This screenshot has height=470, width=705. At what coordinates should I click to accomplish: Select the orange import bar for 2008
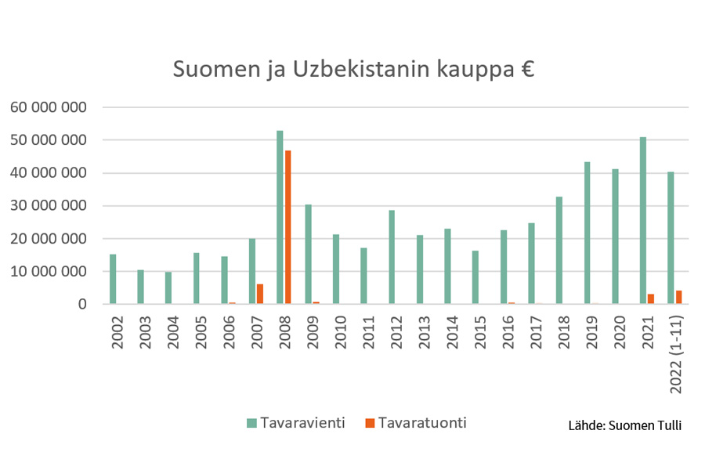[288, 227]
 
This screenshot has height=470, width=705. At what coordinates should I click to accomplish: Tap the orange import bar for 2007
[260, 294]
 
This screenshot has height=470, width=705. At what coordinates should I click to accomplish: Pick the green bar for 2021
[642, 220]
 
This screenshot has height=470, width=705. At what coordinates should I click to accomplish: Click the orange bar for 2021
[651, 299]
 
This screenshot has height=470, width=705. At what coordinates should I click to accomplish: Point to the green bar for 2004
[168, 288]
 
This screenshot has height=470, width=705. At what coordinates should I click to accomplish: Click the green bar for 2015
[475, 277]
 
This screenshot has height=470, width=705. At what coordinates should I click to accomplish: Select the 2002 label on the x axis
[117, 334]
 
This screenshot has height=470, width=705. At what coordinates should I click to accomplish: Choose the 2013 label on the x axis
[425, 334]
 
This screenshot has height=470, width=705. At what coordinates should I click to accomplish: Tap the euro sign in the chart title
[526, 70]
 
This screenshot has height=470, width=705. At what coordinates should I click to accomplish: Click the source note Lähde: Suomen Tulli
[624, 426]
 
